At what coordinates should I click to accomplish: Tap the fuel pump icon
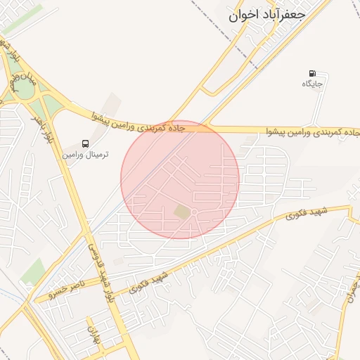312,73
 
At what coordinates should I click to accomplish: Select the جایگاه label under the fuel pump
312,84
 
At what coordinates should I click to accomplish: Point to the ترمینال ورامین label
85,153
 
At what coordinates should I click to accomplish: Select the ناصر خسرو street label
64,289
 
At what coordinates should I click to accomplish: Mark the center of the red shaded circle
180,179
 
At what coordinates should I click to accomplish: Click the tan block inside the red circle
182,212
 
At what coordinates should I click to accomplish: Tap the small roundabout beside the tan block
195,213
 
